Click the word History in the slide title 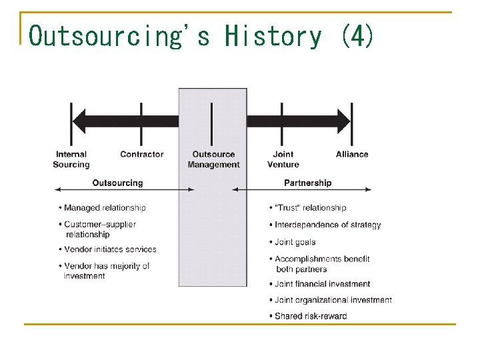[273, 35]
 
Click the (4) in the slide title [357, 35]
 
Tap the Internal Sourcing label [71, 159]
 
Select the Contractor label [141, 155]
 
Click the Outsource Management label [213, 159]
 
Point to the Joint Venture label [283, 159]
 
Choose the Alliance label [352, 155]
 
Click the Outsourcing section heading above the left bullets [117, 183]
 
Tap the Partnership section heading [307, 183]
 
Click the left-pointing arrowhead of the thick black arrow [81, 121]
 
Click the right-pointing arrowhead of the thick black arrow [342, 121]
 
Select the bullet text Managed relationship [105, 208]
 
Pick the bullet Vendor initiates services [110, 249]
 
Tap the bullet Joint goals [295, 242]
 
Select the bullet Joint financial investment [323, 284]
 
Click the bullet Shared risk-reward [311, 316]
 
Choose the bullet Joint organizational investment [333, 300]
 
